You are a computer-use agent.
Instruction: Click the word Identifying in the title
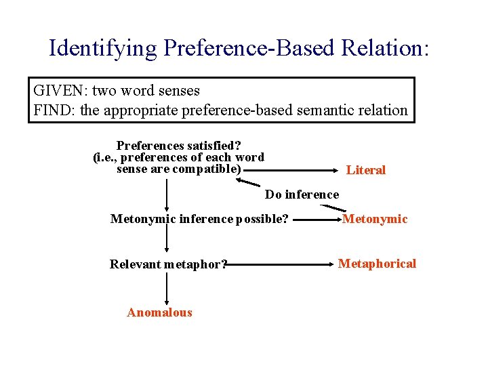point(102,48)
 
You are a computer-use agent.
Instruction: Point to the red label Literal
point(365,170)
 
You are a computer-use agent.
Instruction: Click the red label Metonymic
point(375,218)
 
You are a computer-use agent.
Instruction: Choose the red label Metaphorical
point(377,264)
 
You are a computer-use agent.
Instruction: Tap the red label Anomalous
point(159,312)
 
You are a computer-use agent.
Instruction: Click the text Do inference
point(302,195)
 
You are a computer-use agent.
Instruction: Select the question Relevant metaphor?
point(168,264)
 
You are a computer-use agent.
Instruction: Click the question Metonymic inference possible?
point(199,219)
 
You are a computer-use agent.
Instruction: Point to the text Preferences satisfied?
point(179,146)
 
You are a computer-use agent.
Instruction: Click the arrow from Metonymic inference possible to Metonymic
point(314,220)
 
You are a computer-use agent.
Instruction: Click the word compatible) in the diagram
point(207,169)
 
